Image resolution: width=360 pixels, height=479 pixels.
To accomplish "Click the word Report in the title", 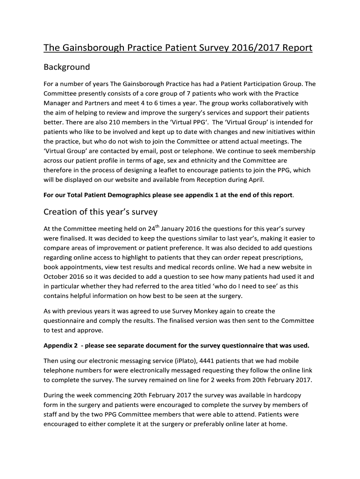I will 293,48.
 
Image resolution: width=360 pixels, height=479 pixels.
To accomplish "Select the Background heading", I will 66,67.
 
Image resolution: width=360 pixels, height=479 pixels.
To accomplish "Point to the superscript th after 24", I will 158,227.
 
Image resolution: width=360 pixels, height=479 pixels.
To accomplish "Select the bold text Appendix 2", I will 61,346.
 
